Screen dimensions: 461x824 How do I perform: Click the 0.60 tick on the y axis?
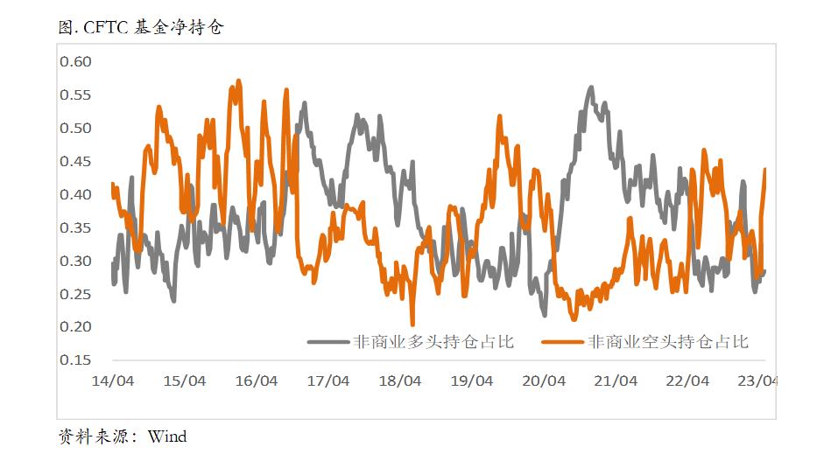point(75,61)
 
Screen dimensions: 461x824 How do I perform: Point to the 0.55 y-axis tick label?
point(75,94)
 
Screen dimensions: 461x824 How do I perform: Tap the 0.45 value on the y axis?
point(75,161)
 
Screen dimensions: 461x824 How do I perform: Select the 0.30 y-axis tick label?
point(75,261)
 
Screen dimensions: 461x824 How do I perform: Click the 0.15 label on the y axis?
point(75,360)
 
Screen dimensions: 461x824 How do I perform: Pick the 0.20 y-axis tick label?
point(75,326)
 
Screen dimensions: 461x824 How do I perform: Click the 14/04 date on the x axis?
point(113,381)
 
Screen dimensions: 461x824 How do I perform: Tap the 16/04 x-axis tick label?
point(257,381)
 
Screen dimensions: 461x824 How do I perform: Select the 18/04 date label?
point(400,381)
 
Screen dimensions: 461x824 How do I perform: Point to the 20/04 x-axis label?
point(544,381)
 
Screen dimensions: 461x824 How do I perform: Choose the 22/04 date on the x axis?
point(687,381)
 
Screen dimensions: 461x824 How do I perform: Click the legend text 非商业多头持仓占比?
point(433,342)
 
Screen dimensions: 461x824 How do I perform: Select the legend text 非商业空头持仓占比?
point(668,342)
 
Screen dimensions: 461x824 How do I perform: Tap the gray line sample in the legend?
point(327,342)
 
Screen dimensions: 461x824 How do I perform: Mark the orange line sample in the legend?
point(563,342)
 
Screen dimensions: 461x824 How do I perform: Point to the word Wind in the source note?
point(167,436)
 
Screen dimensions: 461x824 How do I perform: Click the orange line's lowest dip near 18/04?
point(412,324)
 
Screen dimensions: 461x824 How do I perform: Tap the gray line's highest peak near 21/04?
point(591,87)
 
